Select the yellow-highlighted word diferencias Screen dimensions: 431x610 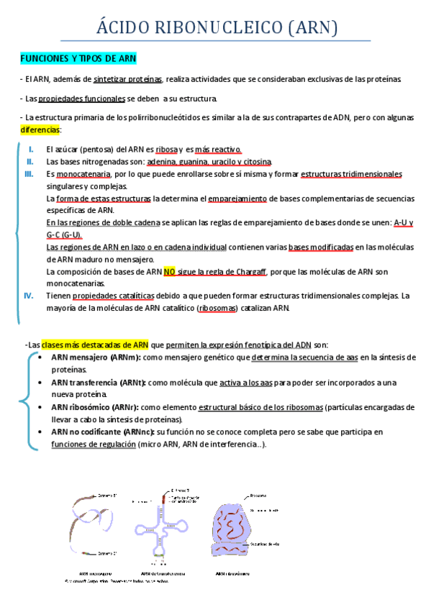40,129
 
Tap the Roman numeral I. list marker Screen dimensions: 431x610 31,149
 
